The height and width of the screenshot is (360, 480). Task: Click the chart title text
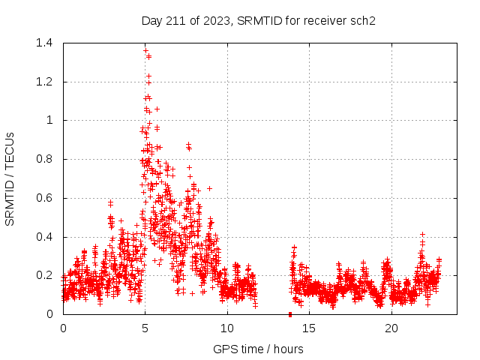pos(258,20)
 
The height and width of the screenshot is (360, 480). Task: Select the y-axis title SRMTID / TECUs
pos(10,178)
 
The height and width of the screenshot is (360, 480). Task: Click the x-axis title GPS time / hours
pos(258,349)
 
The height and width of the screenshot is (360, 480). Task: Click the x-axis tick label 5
pos(145,328)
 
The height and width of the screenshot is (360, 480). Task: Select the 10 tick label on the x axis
pos(227,328)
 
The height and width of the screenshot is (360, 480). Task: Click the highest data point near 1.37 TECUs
pos(145,49)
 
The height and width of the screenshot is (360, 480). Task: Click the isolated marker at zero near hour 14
pos(290,313)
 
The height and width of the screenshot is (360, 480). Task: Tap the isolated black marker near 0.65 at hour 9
pos(209,188)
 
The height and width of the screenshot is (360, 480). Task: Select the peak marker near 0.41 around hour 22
pos(423,234)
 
